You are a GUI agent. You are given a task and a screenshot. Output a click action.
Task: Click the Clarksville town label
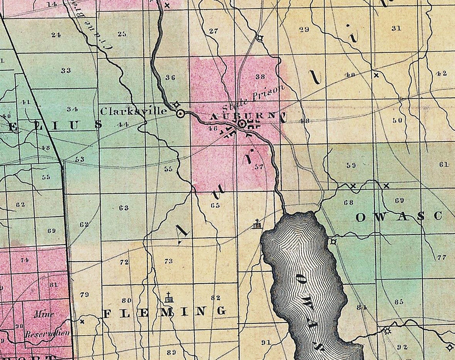click(x=133, y=111)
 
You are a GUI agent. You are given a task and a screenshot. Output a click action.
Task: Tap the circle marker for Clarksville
click(x=180, y=114)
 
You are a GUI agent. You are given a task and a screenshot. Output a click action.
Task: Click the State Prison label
click(x=254, y=98)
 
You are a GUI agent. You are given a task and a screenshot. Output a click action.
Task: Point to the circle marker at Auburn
click(x=241, y=124)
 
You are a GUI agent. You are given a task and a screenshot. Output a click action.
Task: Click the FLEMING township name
click(x=164, y=312)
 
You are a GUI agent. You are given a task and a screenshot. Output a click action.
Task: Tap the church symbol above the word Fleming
click(x=170, y=298)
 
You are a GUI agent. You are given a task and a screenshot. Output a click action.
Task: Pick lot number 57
click(x=259, y=167)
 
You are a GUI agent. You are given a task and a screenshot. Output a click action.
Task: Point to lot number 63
click(x=124, y=208)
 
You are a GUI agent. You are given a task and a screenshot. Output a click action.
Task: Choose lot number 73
click(x=168, y=261)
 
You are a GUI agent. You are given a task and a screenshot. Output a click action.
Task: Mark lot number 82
click(x=216, y=298)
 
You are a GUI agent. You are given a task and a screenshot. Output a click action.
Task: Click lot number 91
click(x=266, y=342)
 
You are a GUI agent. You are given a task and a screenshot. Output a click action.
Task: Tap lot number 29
click(x=304, y=29)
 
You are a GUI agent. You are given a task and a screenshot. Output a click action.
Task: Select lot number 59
click(x=351, y=165)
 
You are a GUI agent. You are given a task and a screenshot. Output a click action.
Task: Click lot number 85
click(x=399, y=302)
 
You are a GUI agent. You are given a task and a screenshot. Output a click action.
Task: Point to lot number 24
click(x=56, y=34)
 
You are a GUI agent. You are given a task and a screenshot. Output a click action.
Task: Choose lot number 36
click(x=170, y=78)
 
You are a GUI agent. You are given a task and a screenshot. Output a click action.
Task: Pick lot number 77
click(x=441, y=257)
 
